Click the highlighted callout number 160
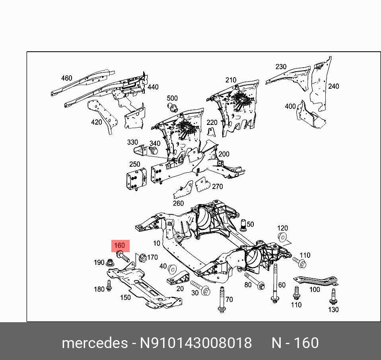click(x=119, y=245)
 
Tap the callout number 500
click(x=172, y=98)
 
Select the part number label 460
click(x=66, y=78)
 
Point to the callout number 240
click(x=333, y=86)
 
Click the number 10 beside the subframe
click(x=156, y=243)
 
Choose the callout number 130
click(x=333, y=309)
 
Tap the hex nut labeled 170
click(x=142, y=258)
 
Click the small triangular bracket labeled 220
click(x=212, y=132)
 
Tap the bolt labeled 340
click(x=154, y=151)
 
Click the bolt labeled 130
click(x=333, y=295)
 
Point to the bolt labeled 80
click(x=255, y=281)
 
